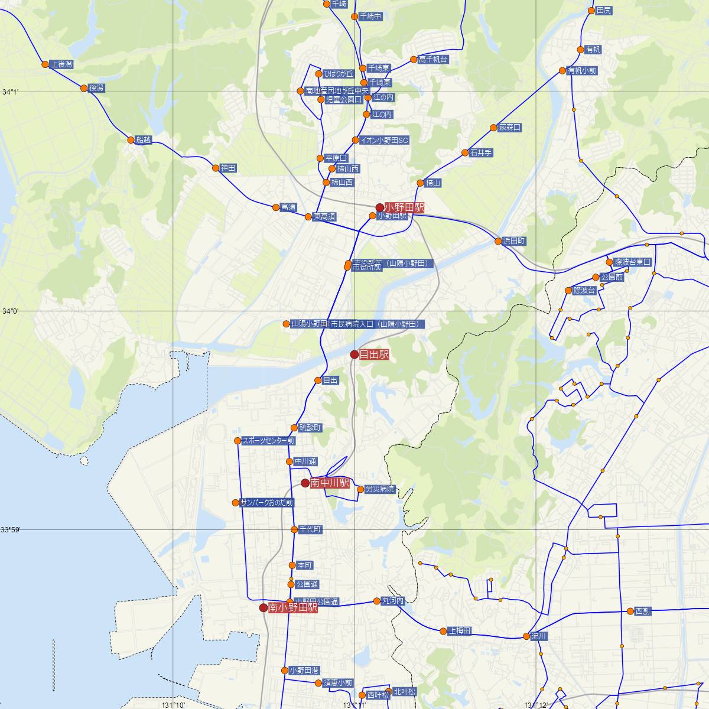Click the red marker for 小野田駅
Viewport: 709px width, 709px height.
tap(380, 207)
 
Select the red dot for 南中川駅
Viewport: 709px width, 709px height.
tap(305, 483)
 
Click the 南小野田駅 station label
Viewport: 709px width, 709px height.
tap(293, 607)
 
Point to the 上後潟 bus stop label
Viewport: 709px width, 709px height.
tap(61, 64)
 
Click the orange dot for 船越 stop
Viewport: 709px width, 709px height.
tap(131, 140)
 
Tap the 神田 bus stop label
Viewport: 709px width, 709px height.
tap(228, 168)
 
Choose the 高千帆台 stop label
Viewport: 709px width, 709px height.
tap(432, 60)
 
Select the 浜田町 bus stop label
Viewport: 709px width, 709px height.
tap(514, 241)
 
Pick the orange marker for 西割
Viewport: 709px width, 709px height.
tap(630, 611)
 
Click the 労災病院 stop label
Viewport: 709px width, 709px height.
tap(379, 489)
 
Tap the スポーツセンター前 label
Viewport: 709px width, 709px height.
tap(268, 441)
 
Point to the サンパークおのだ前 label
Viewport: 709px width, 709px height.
tap(266, 503)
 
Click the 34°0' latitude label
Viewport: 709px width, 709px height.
tap(10, 311)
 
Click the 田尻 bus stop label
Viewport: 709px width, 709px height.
tap(604, 11)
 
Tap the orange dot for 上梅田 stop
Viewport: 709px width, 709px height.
tap(443, 631)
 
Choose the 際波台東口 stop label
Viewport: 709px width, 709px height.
tap(633, 262)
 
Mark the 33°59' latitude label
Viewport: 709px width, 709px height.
tap(11, 530)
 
